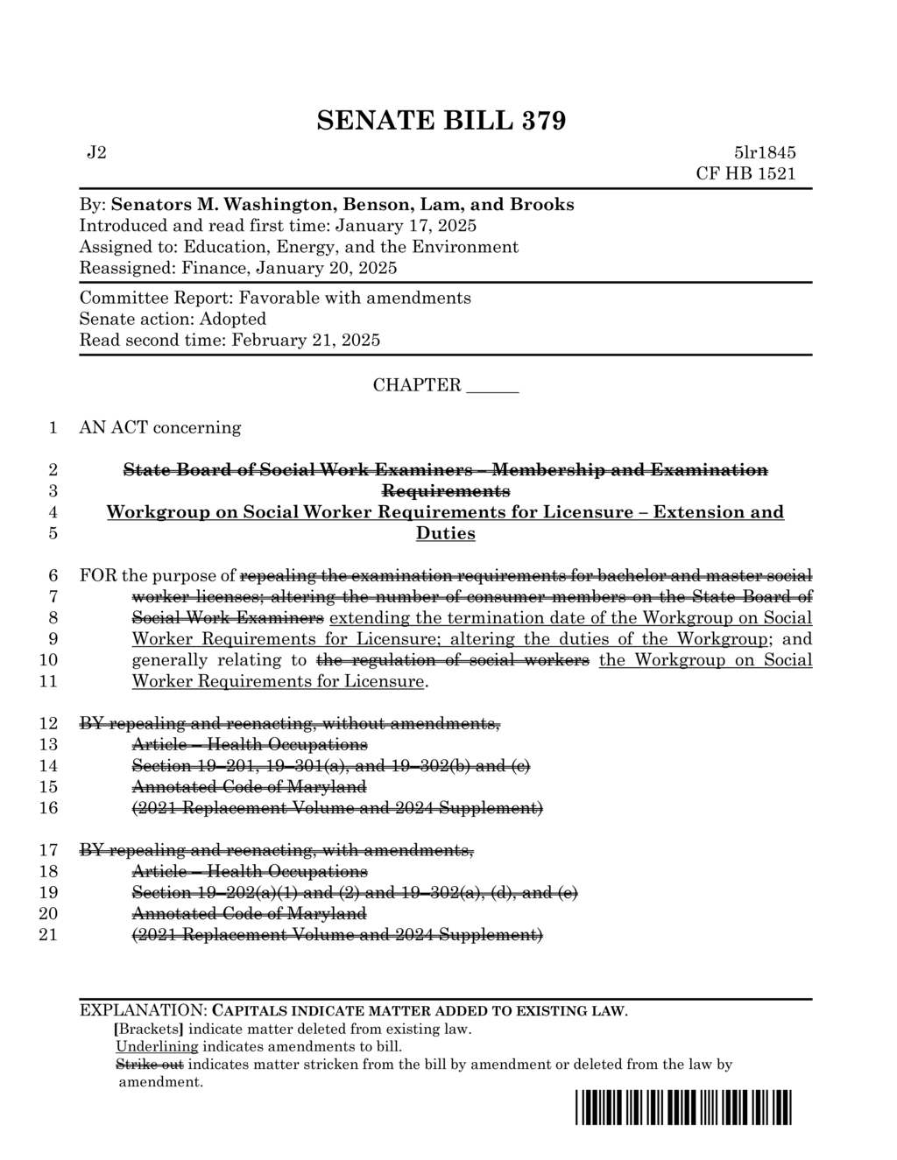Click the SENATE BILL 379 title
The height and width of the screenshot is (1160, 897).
441,121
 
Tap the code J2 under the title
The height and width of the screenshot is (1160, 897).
96,153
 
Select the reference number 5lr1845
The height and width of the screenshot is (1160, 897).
765,153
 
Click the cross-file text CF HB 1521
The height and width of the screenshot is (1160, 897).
745,173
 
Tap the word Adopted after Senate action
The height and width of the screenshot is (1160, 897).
232,319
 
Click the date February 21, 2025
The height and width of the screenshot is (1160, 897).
306,340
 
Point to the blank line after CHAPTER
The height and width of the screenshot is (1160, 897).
492,387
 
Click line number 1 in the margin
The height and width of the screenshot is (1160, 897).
53,428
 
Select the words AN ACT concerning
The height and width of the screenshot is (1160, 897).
159,428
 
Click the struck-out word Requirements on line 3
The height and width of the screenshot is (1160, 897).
445,491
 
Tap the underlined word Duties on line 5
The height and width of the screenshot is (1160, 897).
445,533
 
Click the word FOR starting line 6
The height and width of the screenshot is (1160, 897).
98,576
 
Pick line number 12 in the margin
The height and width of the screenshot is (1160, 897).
49,724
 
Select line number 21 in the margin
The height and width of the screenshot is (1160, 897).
49,935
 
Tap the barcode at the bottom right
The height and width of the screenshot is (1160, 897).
683,1107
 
